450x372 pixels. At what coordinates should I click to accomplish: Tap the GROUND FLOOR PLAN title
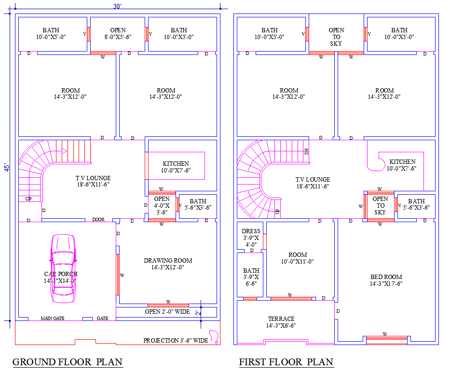(x=67, y=362)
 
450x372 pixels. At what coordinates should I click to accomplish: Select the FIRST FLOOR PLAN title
(x=286, y=362)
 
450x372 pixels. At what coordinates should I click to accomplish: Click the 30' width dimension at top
(x=117, y=6)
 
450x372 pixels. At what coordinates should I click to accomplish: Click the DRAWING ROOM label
(x=167, y=264)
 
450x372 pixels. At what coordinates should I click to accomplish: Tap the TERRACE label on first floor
(x=281, y=322)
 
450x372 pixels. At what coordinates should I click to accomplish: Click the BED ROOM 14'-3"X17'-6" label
(x=386, y=280)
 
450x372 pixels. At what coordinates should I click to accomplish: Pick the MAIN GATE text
(x=52, y=319)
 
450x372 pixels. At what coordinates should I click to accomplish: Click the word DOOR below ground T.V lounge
(x=98, y=220)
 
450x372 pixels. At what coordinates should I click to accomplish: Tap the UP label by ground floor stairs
(x=28, y=199)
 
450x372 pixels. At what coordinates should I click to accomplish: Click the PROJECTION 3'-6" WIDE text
(x=175, y=341)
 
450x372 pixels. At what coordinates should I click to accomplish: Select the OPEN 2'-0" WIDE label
(x=167, y=312)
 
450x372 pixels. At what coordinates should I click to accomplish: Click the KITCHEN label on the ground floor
(x=176, y=167)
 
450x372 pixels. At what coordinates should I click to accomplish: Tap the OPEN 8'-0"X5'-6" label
(x=118, y=33)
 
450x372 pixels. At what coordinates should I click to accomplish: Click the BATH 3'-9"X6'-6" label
(x=251, y=277)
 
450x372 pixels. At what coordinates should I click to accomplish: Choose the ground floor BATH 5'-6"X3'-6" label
(x=198, y=204)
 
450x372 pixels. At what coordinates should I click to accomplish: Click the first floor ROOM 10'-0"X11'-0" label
(x=298, y=258)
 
